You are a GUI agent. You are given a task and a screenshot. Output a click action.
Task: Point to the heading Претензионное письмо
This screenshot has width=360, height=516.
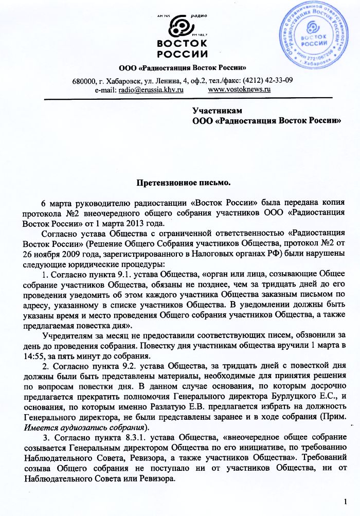point(183,182)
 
